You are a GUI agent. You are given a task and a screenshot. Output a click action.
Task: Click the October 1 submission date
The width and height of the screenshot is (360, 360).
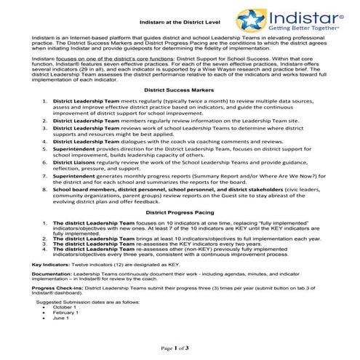tap(65, 307)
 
